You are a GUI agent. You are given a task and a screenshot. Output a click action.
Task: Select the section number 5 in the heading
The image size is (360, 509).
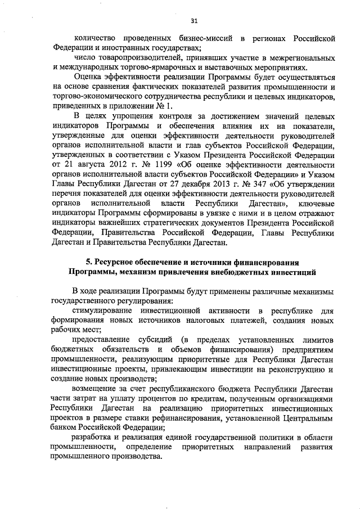(88, 263)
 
